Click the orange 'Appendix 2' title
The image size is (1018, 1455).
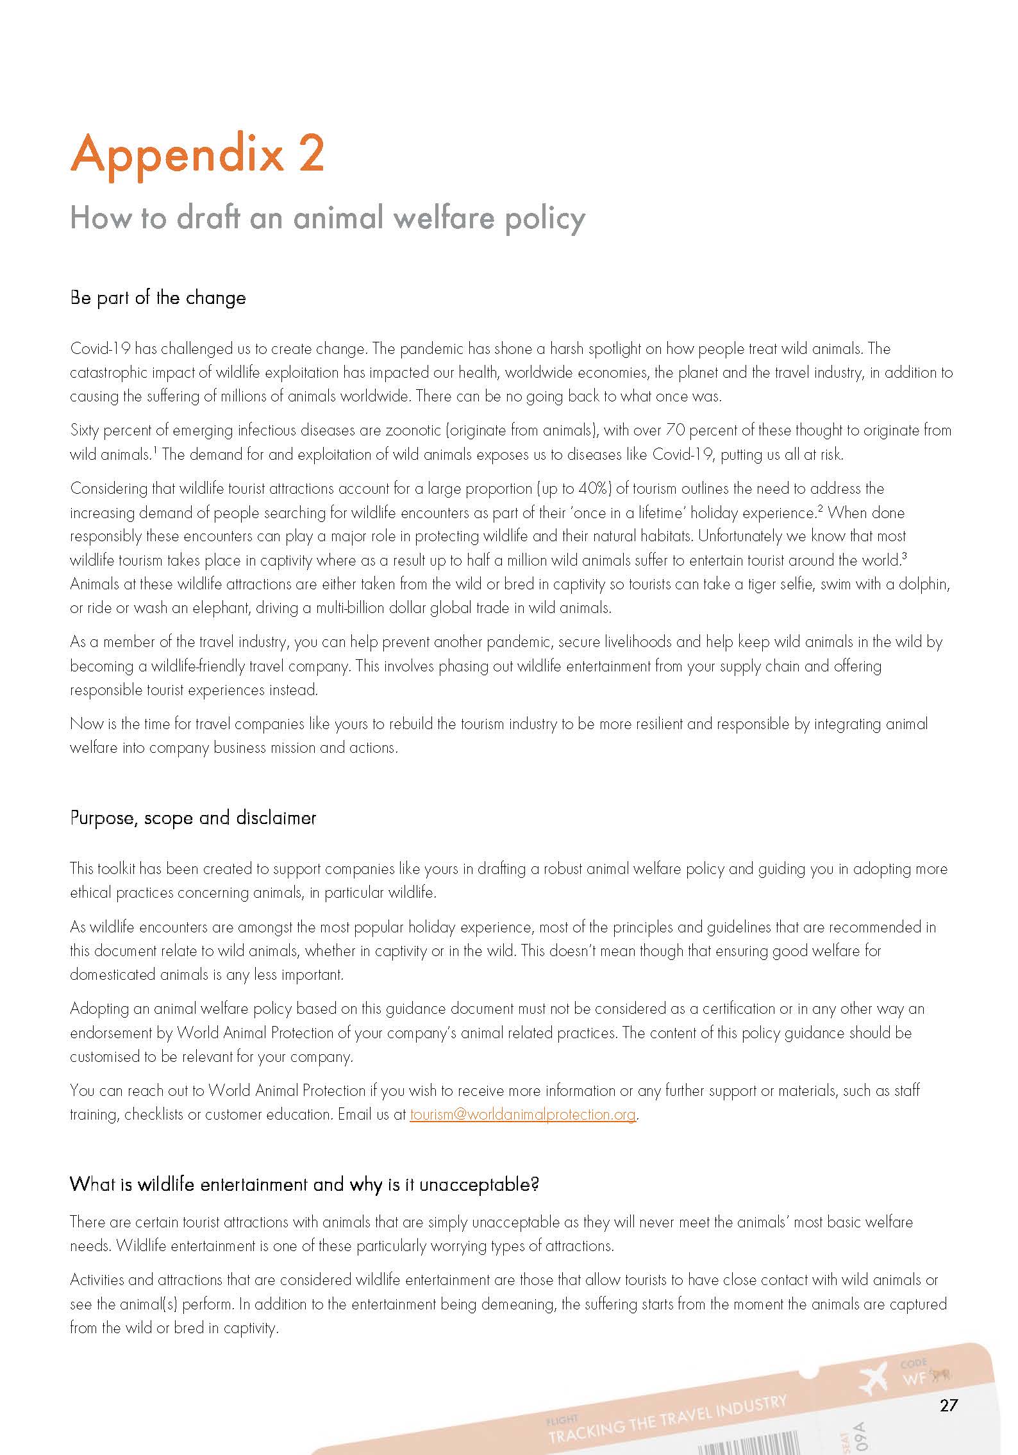click(x=197, y=154)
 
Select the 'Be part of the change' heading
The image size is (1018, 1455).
click(x=158, y=298)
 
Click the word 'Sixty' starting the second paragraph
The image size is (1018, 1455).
click(x=84, y=430)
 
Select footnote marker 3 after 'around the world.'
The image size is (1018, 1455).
click(x=904, y=555)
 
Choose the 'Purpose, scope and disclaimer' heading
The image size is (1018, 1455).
click(x=193, y=818)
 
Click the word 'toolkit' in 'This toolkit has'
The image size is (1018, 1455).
click(x=116, y=869)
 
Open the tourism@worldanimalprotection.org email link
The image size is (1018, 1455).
click(x=522, y=1114)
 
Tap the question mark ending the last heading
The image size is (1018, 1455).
click(x=535, y=1184)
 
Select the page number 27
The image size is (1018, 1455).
click(x=948, y=1406)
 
